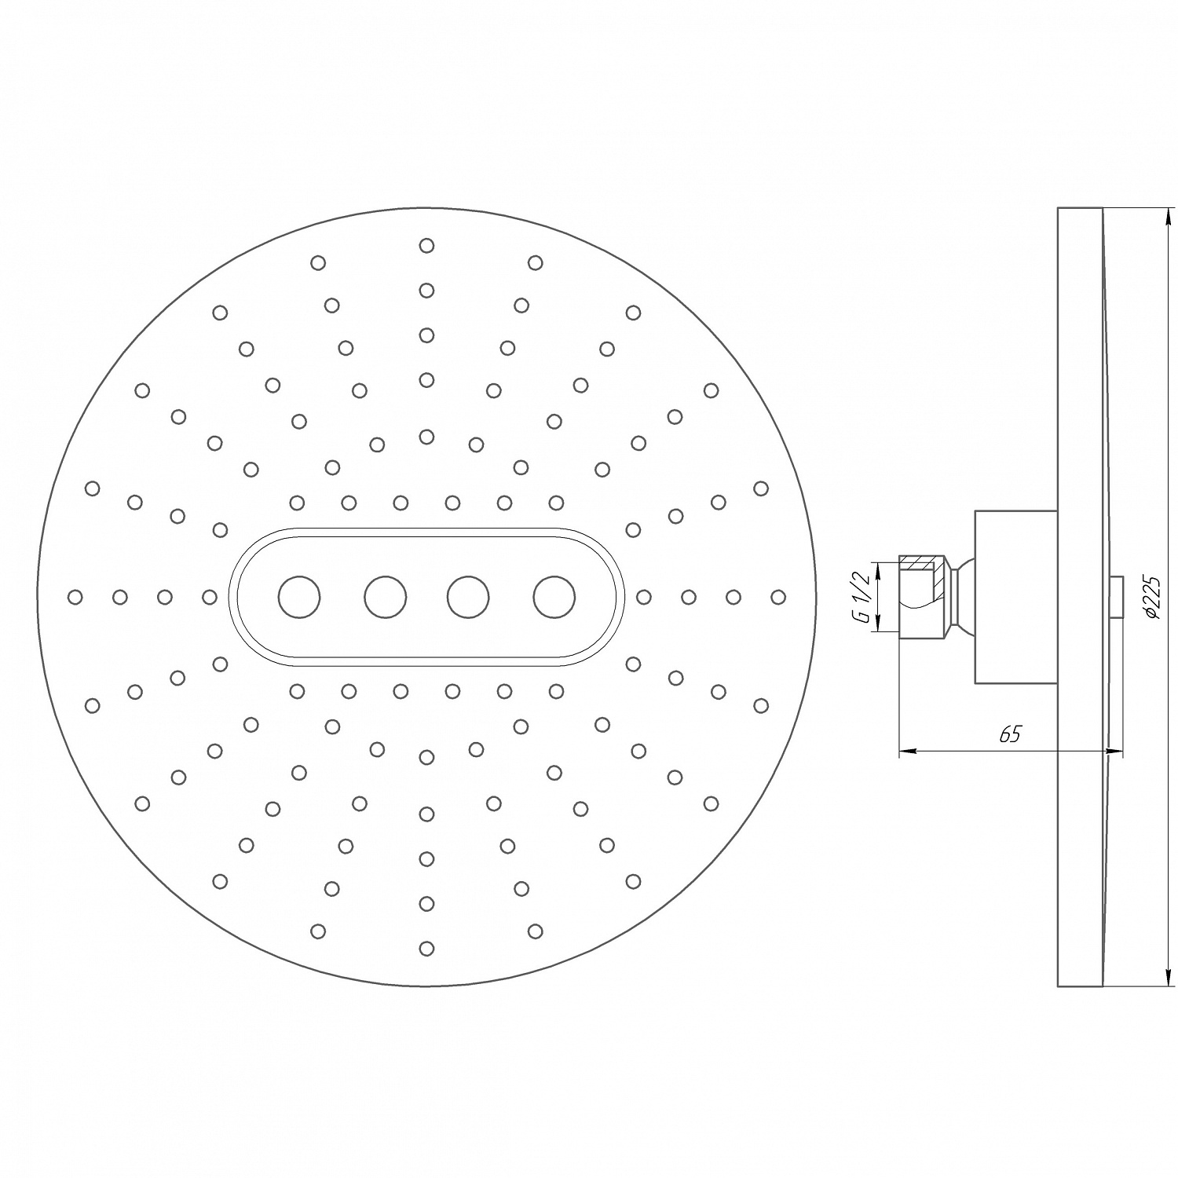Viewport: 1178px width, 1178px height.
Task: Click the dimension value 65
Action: (x=1010, y=734)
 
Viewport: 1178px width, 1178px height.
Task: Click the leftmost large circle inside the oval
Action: (x=299, y=597)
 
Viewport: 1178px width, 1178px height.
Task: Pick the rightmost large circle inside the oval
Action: (x=554, y=597)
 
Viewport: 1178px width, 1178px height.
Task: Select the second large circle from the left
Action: (x=385, y=597)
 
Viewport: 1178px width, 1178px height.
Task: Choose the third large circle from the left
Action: (x=468, y=597)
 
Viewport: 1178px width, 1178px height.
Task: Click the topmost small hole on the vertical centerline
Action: (x=426, y=246)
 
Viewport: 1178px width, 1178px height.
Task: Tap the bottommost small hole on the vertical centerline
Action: (x=426, y=949)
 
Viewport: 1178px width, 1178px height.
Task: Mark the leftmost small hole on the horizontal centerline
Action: (x=75, y=598)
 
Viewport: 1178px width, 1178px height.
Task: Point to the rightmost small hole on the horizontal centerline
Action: (x=778, y=598)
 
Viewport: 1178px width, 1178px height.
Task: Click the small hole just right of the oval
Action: (x=644, y=598)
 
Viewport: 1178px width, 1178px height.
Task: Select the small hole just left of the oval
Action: (x=210, y=598)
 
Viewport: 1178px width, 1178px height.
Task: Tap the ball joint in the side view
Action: (x=964, y=597)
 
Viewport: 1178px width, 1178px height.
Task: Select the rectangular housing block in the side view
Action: (x=1015, y=597)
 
